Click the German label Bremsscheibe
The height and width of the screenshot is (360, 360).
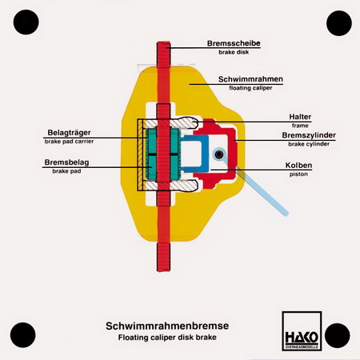point(234,43)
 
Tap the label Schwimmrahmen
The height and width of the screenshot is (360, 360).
point(250,79)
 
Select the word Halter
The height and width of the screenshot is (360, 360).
point(300,117)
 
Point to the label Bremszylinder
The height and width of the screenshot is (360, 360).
point(309,135)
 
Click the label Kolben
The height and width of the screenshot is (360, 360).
point(298,166)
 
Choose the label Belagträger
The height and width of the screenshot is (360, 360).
point(69,133)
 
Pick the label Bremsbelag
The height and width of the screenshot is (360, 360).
point(66,162)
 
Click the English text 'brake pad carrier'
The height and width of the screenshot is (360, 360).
point(69,142)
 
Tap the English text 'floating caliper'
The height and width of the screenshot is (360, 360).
point(250,88)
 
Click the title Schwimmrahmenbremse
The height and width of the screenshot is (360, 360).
point(167,326)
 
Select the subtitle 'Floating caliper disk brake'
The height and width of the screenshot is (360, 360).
point(167,338)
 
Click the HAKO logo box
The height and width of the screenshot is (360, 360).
point(302,331)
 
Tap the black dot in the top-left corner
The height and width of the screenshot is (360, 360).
point(26,22)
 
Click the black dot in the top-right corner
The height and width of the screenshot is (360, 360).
point(339,23)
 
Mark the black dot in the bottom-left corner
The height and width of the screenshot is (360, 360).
point(23,335)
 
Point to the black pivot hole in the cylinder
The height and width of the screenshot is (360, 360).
point(219,154)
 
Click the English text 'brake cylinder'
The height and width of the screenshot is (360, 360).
point(309,144)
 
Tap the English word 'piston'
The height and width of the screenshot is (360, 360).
point(298,174)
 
